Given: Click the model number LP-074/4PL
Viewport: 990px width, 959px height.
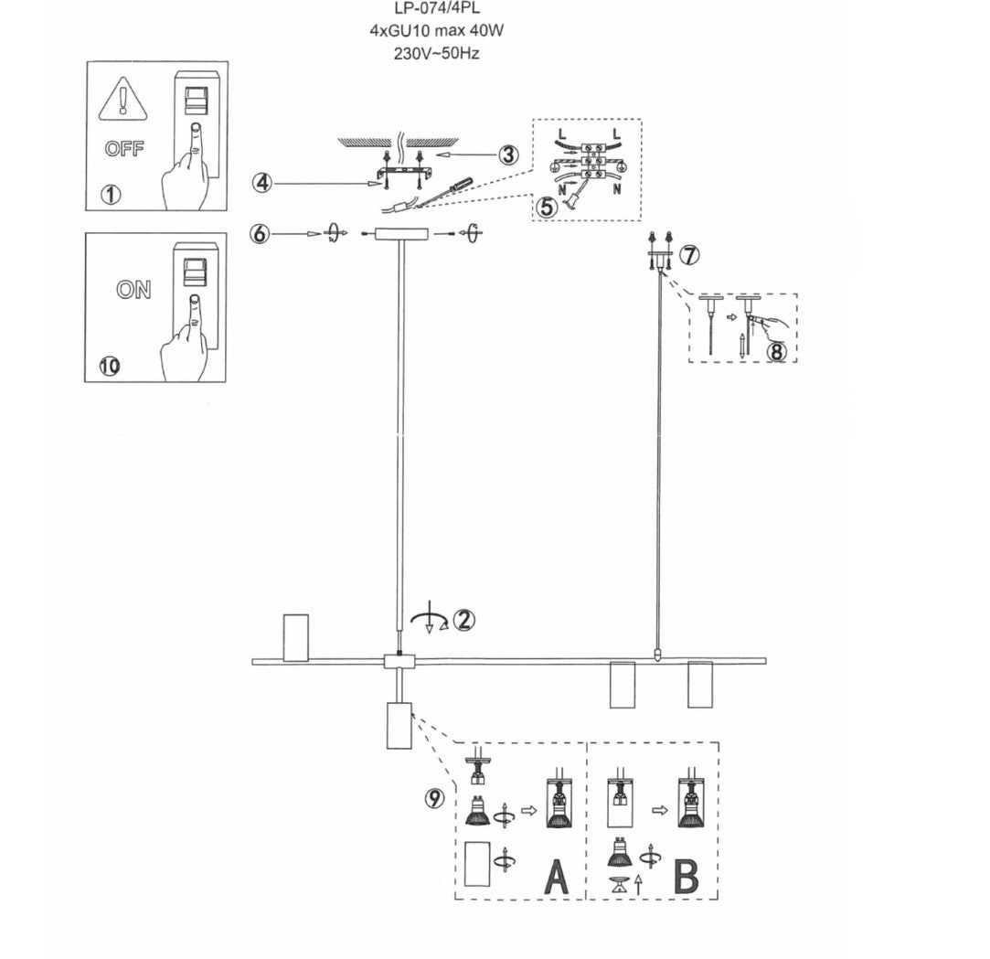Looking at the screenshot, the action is click(x=437, y=8).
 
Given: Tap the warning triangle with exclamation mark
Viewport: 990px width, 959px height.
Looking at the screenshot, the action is click(x=123, y=99).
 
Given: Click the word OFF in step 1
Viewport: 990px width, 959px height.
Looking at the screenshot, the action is click(x=124, y=149).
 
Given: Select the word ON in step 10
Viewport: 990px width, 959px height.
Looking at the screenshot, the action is click(x=133, y=290).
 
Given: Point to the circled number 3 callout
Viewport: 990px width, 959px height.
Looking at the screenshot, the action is click(x=508, y=155).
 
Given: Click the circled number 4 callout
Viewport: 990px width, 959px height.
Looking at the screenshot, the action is click(x=262, y=184).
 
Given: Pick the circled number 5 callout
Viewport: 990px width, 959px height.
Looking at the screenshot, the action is click(x=547, y=207).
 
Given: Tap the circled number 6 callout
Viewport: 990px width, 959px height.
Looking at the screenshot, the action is click(x=261, y=234).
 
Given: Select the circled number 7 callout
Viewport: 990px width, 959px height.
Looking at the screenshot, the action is click(x=689, y=255).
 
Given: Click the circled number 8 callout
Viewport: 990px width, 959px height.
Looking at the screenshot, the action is click(x=776, y=351).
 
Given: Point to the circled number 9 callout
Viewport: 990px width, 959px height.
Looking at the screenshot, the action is click(x=434, y=799).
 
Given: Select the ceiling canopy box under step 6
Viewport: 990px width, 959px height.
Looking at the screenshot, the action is click(x=401, y=234).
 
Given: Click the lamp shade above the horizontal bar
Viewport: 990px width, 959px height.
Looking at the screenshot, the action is click(x=296, y=637).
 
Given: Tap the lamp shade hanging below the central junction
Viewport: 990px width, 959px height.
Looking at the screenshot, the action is click(x=399, y=725).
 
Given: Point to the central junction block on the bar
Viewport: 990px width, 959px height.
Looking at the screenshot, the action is click(x=399, y=662).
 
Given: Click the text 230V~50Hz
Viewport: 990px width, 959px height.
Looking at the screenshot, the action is click(x=437, y=54).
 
